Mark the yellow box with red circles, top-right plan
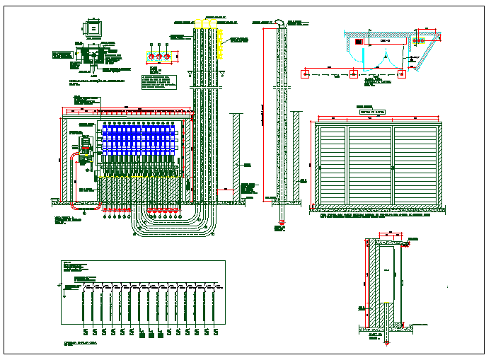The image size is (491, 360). click(x=422, y=42)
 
